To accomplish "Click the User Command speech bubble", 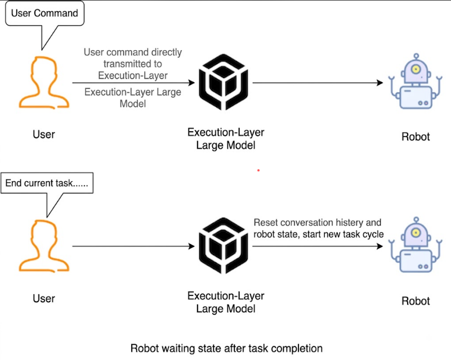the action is click(x=44, y=13).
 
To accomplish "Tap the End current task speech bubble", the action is click(x=47, y=183).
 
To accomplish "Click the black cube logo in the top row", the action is click(x=224, y=82).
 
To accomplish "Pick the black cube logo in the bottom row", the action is click(x=224, y=246).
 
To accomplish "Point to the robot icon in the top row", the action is click(x=416, y=82).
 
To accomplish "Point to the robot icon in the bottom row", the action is click(x=416, y=245).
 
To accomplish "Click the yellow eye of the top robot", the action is click(x=416, y=69).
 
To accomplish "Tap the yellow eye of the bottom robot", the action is click(x=416, y=232).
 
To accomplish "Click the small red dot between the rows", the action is click(x=258, y=170).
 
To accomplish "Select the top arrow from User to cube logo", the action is click(x=133, y=83).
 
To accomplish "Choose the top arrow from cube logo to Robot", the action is click(x=318, y=83).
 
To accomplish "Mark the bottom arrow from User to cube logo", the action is click(x=133, y=246).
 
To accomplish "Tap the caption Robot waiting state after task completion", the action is click(x=226, y=348).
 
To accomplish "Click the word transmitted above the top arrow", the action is click(x=132, y=64).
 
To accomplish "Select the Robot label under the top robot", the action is click(x=416, y=137).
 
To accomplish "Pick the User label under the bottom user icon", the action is click(x=44, y=299).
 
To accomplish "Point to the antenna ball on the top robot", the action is click(x=416, y=56).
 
